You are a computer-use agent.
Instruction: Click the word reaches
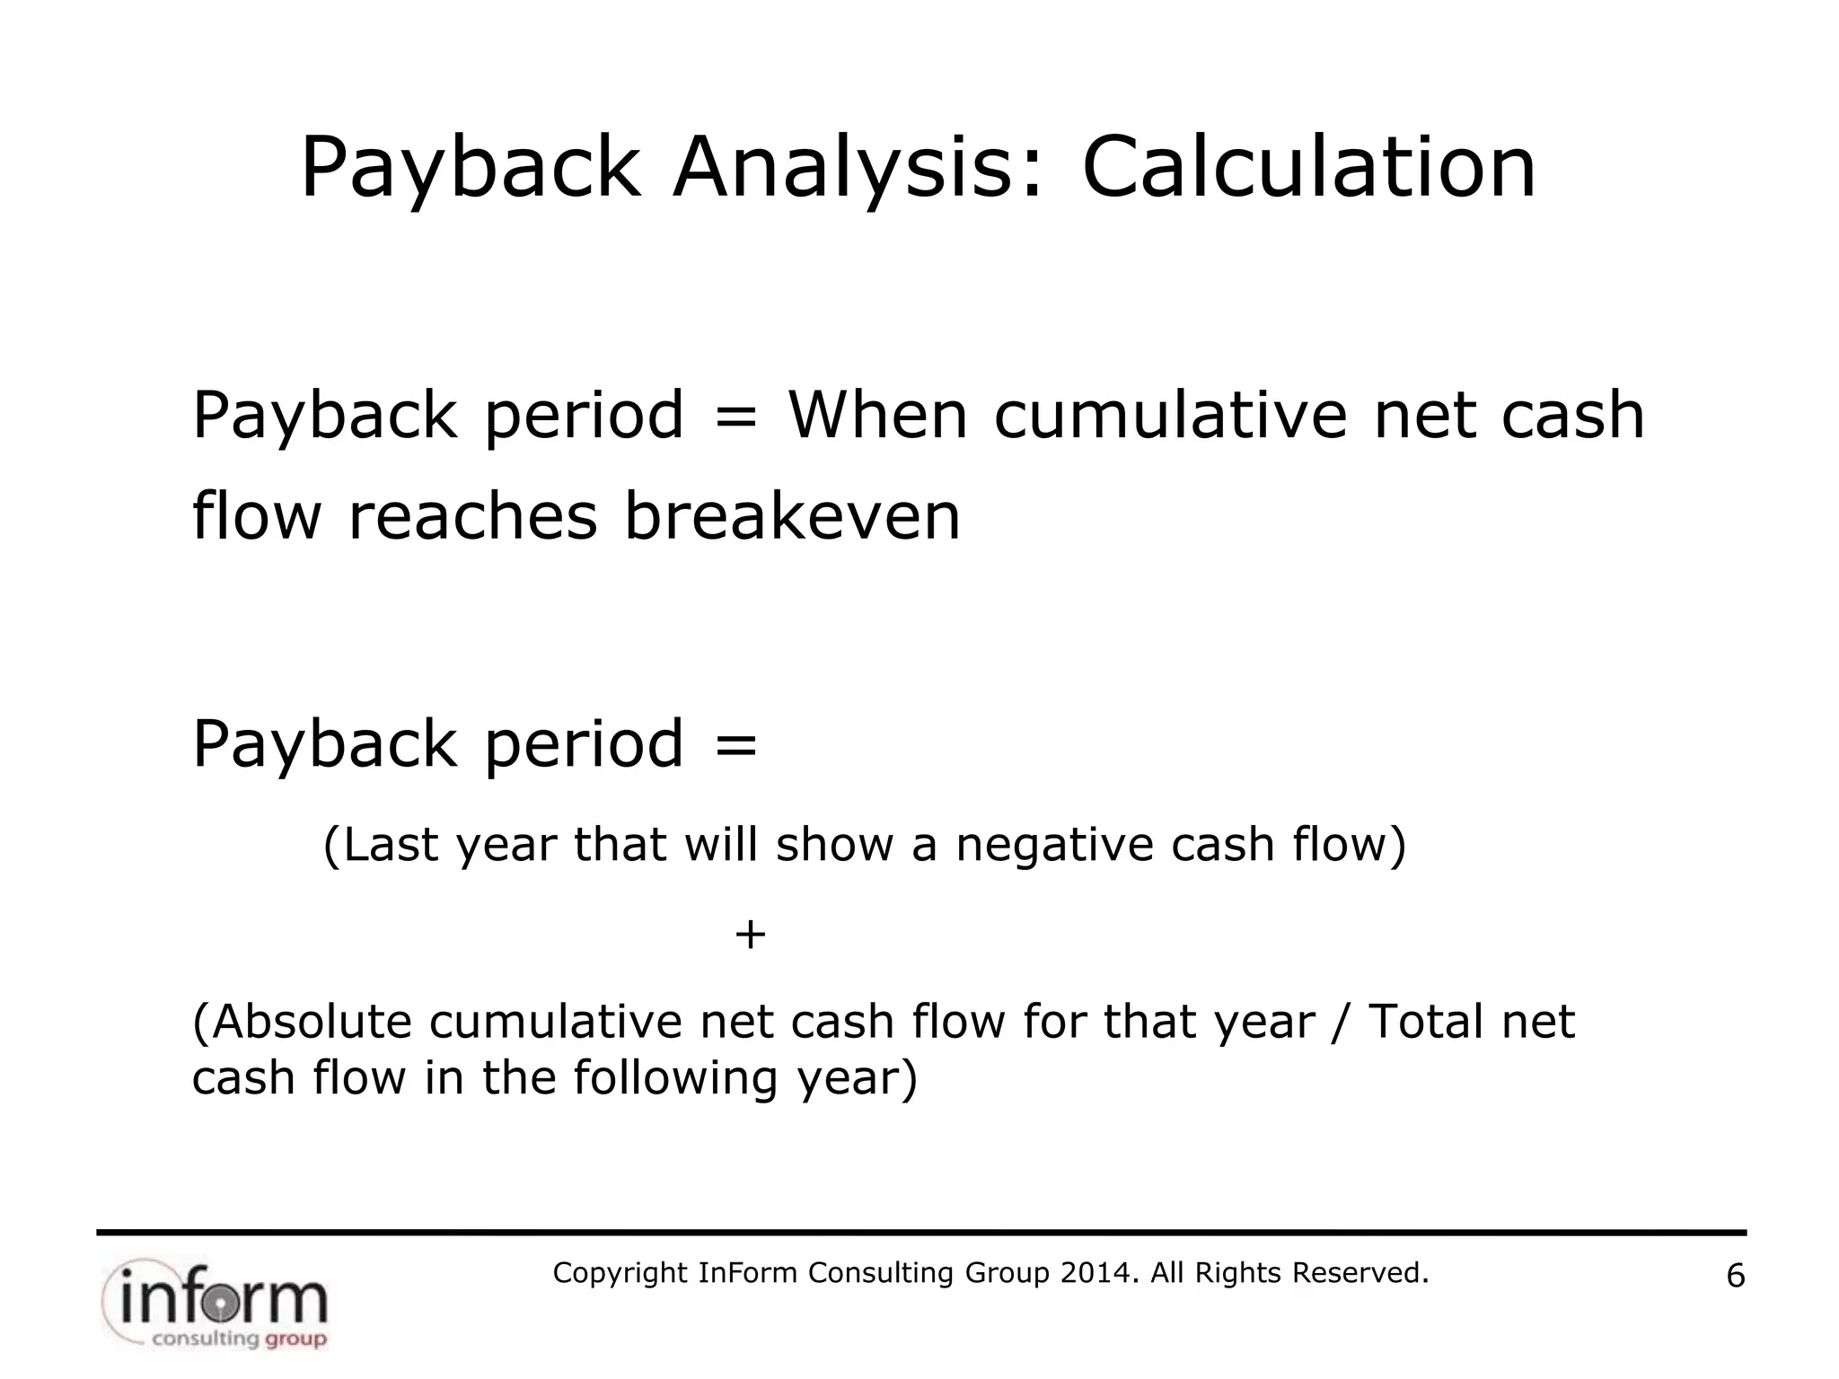pyautogui.click(x=472, y=519)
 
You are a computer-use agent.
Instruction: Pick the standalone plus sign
pyautogui.click(x=750, y=935)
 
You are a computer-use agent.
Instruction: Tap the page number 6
pyautogui.click(x=1736, y=1276)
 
